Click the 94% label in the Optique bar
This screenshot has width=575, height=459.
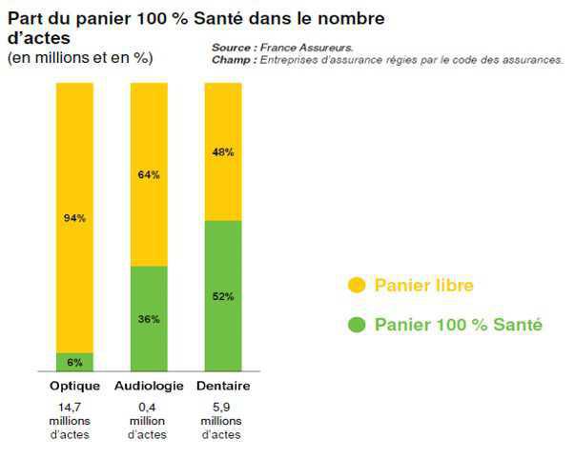point(74,218)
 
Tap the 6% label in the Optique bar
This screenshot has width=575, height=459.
point(74,362)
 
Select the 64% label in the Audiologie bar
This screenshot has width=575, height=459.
point(149,174)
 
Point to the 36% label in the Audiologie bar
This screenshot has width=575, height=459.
point(149,318)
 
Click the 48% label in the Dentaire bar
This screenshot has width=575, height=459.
point(223,151)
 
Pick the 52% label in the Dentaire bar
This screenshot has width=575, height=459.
point(223,295)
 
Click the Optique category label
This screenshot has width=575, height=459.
point(74,386)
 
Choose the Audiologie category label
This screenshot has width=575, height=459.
point(149,386)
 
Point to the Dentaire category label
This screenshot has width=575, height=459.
point(223,386)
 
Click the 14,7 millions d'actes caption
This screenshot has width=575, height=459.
point(74,420)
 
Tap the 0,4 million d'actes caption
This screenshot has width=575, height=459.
point(149,420)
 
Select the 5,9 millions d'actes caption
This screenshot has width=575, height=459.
point(223,420)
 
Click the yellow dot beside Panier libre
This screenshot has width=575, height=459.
point(358,285)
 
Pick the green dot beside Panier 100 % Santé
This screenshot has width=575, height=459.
point(358,325)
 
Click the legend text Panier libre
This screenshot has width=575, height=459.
point(423,285)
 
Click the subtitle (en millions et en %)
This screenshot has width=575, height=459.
point(80,58)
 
